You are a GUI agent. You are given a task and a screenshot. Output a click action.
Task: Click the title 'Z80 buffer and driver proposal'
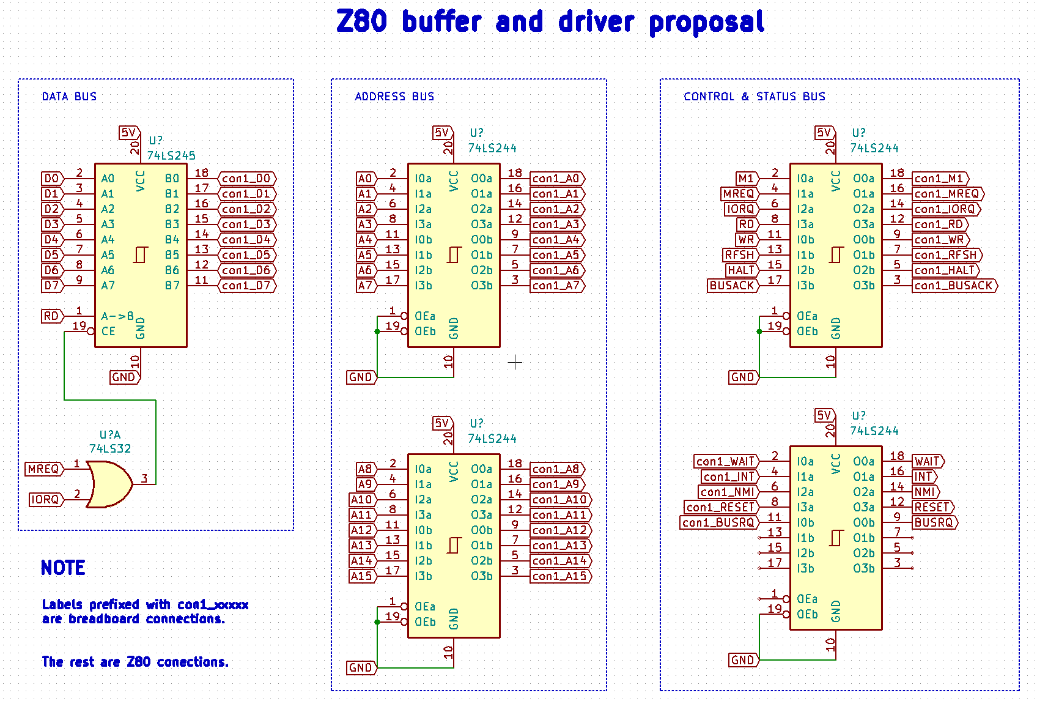click(550, 22)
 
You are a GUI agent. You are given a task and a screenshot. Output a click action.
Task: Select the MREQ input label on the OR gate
click(43, 469)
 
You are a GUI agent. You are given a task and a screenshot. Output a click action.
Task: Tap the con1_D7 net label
click(246, 286)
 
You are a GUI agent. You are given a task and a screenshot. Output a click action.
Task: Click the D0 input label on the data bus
click(52, 179)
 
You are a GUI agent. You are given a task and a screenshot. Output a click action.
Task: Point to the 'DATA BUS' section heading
click(69, 97)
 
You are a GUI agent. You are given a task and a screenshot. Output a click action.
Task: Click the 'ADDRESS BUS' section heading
click(394, 97)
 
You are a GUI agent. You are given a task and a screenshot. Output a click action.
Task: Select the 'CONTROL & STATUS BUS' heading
click(754, 97)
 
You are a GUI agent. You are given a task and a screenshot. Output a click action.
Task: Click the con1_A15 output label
click(559, 576)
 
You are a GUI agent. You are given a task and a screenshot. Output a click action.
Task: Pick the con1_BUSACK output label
click(954, 286)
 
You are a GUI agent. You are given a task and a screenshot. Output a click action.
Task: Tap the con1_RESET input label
click(720, 507)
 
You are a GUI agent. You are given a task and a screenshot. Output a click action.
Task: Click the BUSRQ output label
click(934, 522)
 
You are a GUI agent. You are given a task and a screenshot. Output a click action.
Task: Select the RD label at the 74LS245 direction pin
click(51, 316)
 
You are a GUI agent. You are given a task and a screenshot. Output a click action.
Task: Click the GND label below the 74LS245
click(124, 377)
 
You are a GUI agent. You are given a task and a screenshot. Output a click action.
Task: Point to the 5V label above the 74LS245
click(128, 133)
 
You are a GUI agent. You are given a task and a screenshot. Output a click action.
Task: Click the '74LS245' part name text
click(171, 155)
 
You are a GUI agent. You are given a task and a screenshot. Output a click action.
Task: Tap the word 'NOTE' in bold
click(63, 568)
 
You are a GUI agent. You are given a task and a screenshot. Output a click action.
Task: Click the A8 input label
click(365, 469)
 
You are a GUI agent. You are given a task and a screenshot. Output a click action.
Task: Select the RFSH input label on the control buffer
click(739, 255)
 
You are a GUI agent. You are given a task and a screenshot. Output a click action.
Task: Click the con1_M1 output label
click(939, 179)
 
